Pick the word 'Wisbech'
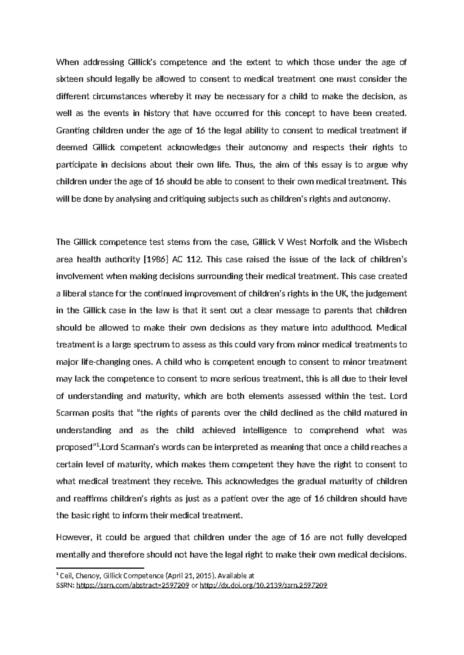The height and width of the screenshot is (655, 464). point(391,242)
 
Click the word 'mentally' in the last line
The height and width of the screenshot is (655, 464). point(72,555)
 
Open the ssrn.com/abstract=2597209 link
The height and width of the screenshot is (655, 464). point(133,585)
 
